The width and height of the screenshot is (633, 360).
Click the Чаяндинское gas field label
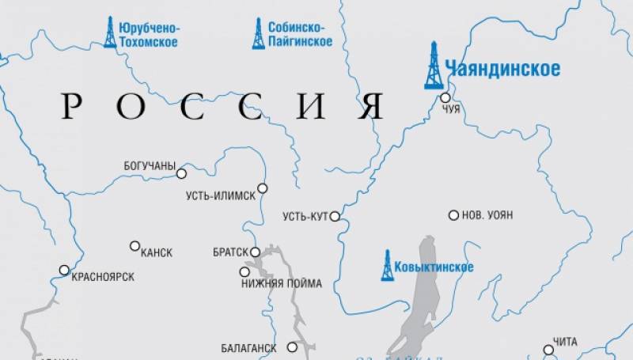pos(502,69)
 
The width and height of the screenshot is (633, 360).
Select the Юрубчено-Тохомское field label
pos(148,34)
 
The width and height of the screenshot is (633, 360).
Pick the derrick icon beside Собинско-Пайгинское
pos(258,33)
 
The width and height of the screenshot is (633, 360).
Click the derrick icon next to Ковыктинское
pos(387,265)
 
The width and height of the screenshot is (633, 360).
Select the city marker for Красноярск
pos(64,270)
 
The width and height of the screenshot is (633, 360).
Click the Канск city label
pos(156,252)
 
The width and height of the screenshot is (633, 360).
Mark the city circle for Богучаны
pos(181,173)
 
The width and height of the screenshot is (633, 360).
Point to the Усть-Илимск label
pos(221,195)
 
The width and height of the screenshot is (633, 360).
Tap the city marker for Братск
pos(256,252)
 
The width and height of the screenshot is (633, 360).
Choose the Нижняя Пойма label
pos(281,283)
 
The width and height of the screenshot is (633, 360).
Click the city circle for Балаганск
pos(292,347)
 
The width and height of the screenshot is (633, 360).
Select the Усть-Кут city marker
pos(335,216)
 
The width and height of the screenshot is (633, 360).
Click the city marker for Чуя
pos(445,97)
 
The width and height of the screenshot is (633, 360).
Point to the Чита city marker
pos(548,349)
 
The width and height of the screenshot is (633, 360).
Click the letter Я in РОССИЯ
pos(370,105)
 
